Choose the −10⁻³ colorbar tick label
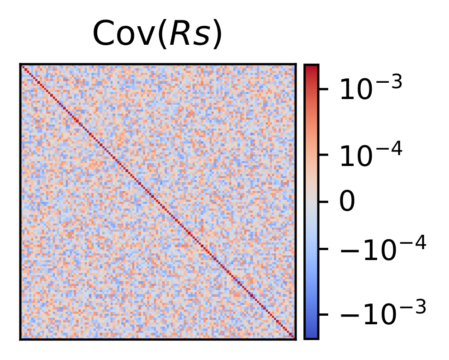[383, 314]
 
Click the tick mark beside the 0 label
[322, 202]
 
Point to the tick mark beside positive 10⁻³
[322, 89]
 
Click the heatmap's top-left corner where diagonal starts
[22, 66]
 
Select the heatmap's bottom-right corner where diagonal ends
[294, 337]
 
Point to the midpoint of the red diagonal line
[158, 202]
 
